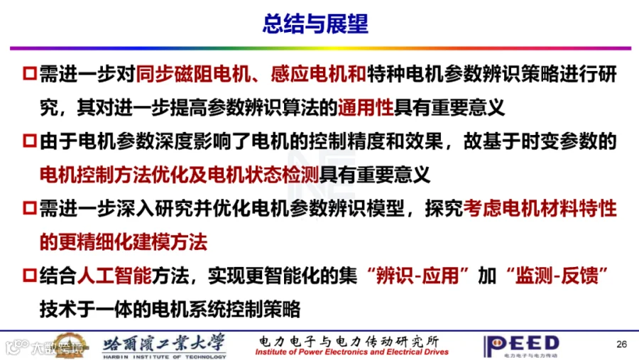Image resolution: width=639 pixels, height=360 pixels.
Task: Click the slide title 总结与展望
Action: coord(315,23)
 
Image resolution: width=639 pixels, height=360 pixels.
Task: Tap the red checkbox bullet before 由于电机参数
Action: coord(30,141)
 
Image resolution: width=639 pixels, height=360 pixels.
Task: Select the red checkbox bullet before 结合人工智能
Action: coord(30,276)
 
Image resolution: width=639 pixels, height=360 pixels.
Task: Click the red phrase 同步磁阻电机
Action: coord(193,75)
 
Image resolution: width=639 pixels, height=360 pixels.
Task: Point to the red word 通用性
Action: coord(366,108)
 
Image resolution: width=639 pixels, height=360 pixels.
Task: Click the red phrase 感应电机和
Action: coord(318,75)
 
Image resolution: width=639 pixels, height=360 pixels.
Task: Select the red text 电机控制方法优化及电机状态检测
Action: coord(179,175)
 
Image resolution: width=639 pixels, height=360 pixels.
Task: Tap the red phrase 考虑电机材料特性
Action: coord(540,208)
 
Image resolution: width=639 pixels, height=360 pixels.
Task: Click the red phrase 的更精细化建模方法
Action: coord(124,241)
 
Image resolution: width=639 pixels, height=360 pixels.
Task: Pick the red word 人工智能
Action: coord(114,276)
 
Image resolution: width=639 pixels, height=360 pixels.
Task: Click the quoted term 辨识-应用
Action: coord(417,276)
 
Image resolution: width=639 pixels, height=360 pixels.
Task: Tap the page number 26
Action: coord(621,344)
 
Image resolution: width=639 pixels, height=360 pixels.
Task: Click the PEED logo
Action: coord(521,346)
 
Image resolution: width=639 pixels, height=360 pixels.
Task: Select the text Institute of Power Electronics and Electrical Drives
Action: coord(351,352)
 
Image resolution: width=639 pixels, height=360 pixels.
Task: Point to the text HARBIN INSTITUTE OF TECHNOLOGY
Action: coord(164,356)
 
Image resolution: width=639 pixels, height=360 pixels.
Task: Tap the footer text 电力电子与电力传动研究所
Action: coord(349,341)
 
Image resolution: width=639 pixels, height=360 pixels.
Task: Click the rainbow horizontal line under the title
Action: coord(320,48)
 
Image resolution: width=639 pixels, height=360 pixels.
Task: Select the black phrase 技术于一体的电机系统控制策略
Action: coord(170,309)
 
